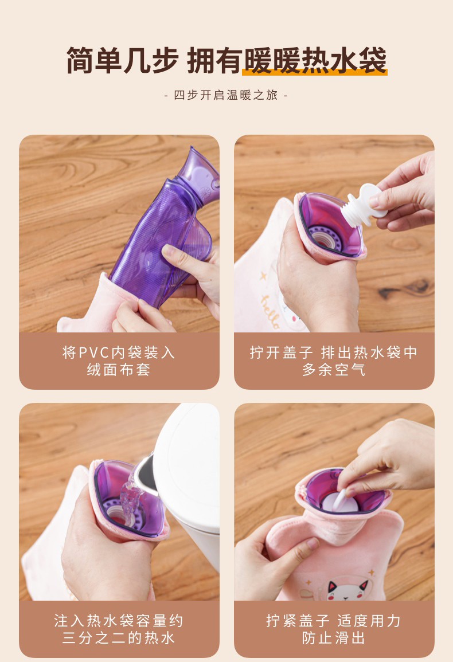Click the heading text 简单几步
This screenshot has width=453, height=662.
[x=123, y=61]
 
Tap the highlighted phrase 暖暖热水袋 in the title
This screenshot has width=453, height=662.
[x=315, y=61]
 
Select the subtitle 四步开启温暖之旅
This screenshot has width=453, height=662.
[x=226, y=95]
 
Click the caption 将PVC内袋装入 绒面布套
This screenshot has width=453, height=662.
[x=119, y=361]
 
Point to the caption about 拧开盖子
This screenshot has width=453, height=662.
[x=334, y=361]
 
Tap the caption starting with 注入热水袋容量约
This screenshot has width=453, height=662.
[x=119, y=629]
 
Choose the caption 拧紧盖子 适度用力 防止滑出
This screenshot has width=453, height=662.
[x=334, y=629]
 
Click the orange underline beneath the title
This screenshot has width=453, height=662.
[x=315, y=73]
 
